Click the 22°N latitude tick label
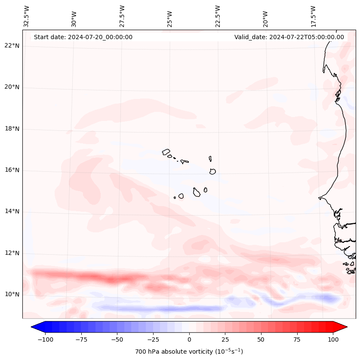[12, 46]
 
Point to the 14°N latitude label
[12, 211]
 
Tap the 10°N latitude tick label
[12, 294]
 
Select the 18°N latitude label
[12, 129]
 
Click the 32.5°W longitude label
[27, 16]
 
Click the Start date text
[83, 37]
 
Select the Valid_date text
[289, 37]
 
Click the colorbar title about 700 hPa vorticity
[189, 352]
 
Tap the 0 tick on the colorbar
[189, 339]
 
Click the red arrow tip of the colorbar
[343, 327]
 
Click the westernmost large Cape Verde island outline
[166, 151]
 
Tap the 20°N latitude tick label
[12, 87]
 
